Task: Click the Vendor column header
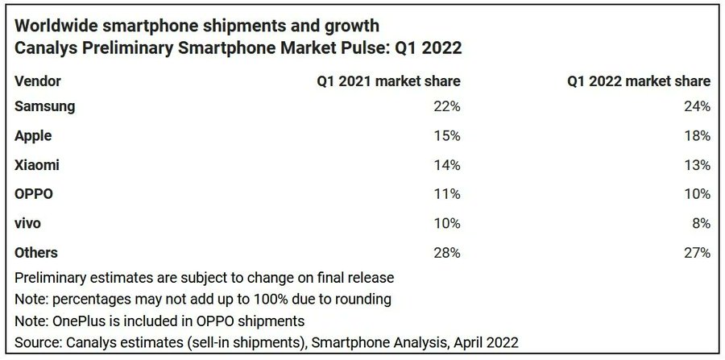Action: (38, 81)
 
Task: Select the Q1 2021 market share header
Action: (388, 81)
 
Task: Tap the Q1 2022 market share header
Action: (638, 81)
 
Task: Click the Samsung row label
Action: (45, 106)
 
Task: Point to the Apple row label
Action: (35, 136)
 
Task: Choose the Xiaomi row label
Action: (37, 165)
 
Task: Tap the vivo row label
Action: (29, 223)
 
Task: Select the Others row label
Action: (37, 253)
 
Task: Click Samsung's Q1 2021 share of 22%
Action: (447, 106)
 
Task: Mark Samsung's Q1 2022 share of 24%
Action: (697, 106)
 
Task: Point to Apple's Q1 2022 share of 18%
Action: (697, 136)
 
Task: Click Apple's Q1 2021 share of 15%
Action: (447, 136)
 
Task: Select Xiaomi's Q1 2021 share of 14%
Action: (447, 165)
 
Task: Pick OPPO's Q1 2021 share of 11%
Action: (447, 194)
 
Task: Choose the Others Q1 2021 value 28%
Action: (447, 253)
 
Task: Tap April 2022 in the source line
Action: (482, 341)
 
